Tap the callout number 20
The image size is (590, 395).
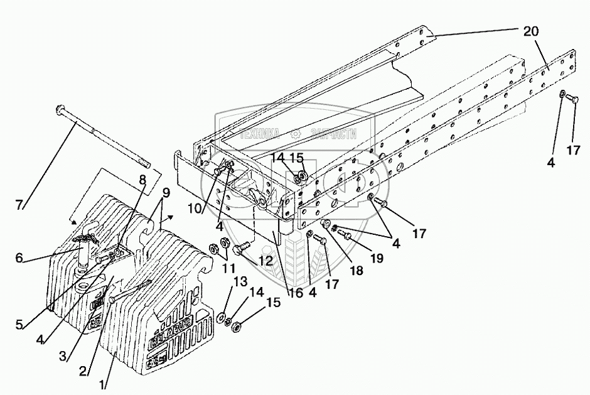[x=532, y=30]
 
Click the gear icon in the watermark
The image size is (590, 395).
[x=294, y=133]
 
